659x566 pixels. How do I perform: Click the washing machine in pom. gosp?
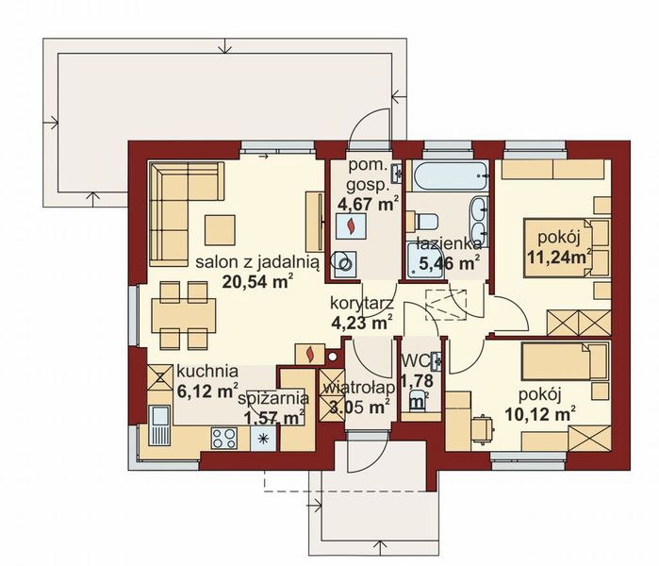(x=348, y=265)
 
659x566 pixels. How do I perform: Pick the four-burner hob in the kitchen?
(x=224, y=438)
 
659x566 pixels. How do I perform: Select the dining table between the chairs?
(x=179, y=312)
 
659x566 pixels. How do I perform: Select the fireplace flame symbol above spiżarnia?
(x=309, y=354)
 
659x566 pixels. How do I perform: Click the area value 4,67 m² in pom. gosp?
(x=367, y=200)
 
